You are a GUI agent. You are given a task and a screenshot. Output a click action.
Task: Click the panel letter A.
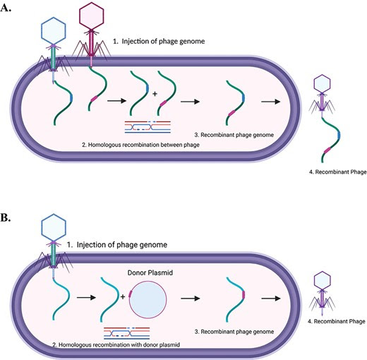click(x=6, y=8)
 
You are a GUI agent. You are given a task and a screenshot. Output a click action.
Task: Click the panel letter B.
click(x=6, y=218)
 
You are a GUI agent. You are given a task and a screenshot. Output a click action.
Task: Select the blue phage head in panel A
click(x=54, y=30)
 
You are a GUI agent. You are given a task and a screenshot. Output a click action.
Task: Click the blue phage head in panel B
click(x=54, y=227)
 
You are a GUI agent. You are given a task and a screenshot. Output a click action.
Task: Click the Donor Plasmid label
click(x=150, y=272)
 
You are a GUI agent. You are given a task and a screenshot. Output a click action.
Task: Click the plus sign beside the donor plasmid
click(x=123, y=297)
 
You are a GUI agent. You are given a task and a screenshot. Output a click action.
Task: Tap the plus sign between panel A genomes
click(x=155, y=94)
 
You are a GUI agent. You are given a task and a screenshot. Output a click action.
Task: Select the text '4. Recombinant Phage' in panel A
click(x=338, y=172)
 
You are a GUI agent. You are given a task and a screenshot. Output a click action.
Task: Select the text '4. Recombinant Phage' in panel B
click(x=337, y=321)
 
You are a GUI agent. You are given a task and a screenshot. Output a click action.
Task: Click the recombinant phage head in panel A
click(x=322, y=83)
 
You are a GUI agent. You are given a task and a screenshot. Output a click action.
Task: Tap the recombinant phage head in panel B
click(x=323, y=280)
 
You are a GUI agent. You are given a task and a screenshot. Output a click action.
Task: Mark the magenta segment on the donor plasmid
click(x=130, y=294)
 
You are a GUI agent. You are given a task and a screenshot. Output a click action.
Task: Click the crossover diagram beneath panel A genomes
click(x=148, y=127)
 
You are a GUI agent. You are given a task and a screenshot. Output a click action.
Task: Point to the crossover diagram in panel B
click(x=126, y=333)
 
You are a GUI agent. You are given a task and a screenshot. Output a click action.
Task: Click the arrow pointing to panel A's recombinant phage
click(x=270, y=102)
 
